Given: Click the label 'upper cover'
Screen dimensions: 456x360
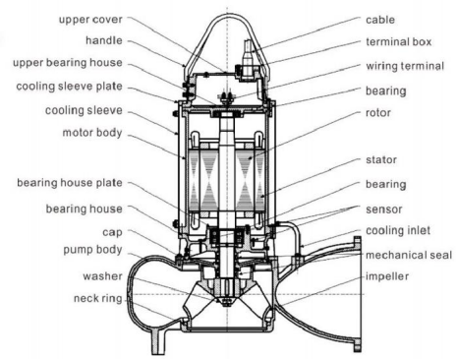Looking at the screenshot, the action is pyautogui.click(x=90, y=20).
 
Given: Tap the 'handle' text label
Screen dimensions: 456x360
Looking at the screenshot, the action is pyautogui.click(x=104, y=40).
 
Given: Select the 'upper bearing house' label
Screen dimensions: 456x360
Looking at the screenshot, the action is pyautogui.click(x=68, y=63).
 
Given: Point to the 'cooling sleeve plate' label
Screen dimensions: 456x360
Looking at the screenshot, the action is pyautogui.click(x=70, y=87).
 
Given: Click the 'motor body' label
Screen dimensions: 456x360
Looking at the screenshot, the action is pyautogui.click(x=92, y=133).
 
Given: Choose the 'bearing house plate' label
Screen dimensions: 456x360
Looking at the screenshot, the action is pyautogui.click(x=70, y=183).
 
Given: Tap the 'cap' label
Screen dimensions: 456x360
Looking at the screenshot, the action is pyautogui.click(x=112, y=232).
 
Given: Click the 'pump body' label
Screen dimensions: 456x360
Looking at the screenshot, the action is pyautogui.click(x=92, y=250).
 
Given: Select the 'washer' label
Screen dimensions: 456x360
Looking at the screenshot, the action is pyautogui.click(x=102, y=276).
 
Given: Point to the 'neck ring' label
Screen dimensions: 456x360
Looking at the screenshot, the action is pyautogui.click(x=98, y=299).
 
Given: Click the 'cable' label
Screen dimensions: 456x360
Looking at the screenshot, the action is pyautogui.click(x=380, y=20).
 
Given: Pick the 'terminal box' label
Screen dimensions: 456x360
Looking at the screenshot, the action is pyautogui.click(x=399, y=42).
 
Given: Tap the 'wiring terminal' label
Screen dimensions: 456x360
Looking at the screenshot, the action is pyautogui.click(x=405, y=66).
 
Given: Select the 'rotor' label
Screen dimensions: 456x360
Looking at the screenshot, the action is pyautogui.click(x=378, y=113).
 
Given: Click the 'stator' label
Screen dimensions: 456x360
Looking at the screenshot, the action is pyautogui.click(x=381, y=160).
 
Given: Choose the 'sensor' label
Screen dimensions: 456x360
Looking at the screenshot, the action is pyautogui.click(x=384, y=210).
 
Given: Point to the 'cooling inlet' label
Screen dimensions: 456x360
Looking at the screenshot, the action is pyautogui.click(x=398, y=231).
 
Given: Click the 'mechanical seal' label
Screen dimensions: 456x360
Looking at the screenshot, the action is pyautogui.click(x=409, y=255).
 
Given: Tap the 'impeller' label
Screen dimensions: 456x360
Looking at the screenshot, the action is pyautogui.click(x=387, y=276).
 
